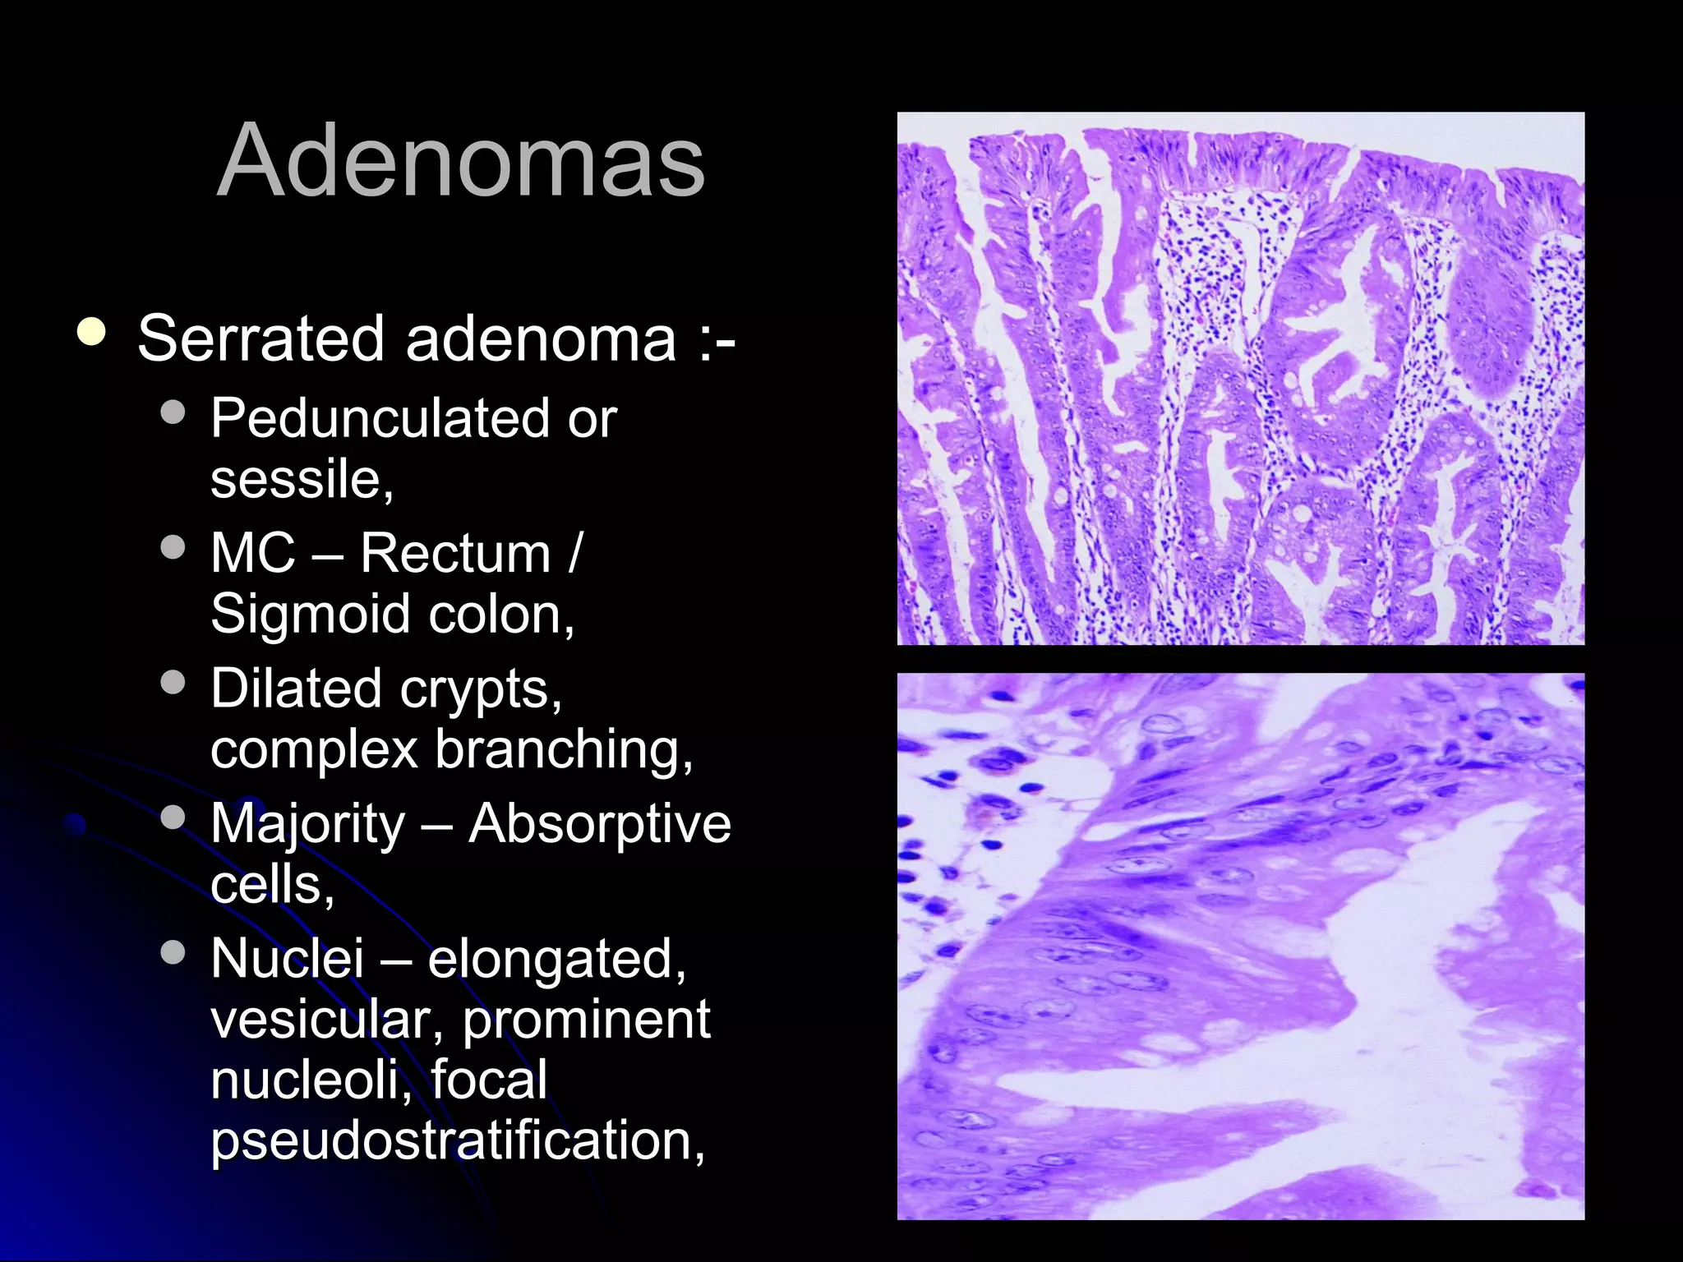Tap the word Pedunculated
click(380, 418)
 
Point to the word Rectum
click(455, 553)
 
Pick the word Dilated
click(295, 688)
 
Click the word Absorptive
click(599, 823)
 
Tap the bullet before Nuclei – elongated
click(173, 952)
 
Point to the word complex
click(314, 749)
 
